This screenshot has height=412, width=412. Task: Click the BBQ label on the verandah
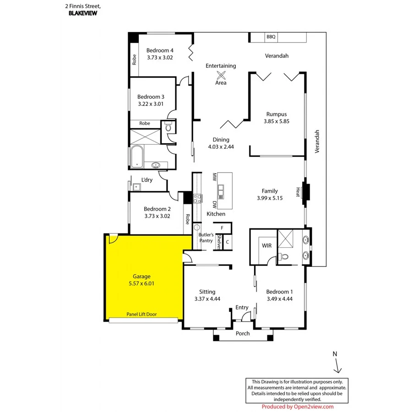(271, 37)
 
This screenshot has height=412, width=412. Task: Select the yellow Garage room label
(141, 276)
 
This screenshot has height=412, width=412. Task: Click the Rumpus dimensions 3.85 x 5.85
(276, 122)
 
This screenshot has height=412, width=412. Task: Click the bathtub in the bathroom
(137, 157)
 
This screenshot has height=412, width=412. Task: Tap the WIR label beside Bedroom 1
(266, 246)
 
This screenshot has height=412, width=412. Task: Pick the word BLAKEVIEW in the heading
(83, 13)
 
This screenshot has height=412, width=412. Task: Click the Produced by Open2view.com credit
(298, 407)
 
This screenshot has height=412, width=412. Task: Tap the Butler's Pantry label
(206, 238)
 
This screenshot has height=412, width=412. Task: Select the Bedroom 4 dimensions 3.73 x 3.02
(160, 58)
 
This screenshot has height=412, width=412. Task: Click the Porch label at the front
(243, 333)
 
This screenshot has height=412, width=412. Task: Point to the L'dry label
(147, 180)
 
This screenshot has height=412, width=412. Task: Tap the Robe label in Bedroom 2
(187, 219)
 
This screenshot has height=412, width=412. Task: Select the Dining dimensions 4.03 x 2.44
(221, 147)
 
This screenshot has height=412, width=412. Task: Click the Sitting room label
(207, 292)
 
